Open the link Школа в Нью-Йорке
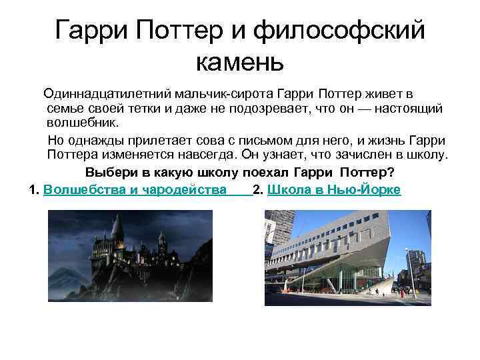pos(333,190)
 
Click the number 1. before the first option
pos(35,190)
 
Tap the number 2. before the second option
pos(259,190)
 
